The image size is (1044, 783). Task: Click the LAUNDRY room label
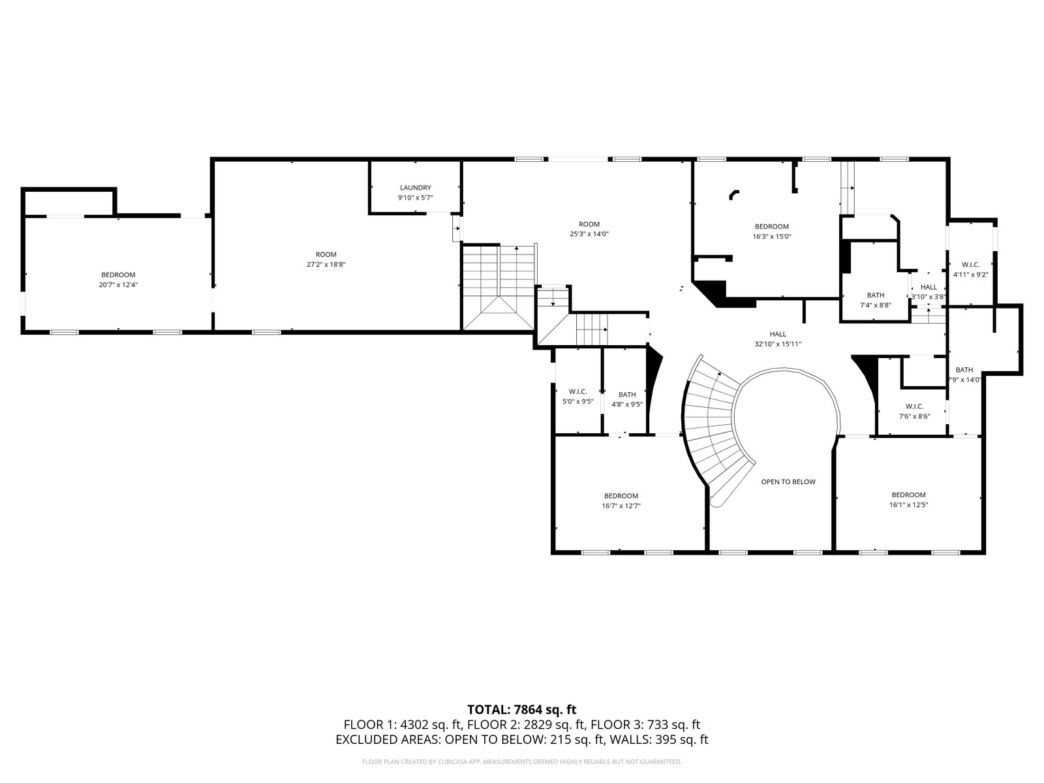point(415,188)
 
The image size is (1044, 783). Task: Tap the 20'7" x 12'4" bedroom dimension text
point(118,285)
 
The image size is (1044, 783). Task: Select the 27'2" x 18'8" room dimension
point(326,265)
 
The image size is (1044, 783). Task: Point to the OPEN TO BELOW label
point(788,482)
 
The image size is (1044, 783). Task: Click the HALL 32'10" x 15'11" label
point(778,339)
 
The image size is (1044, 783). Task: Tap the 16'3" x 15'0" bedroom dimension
point(771,237)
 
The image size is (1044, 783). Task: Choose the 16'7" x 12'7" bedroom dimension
point(621,506)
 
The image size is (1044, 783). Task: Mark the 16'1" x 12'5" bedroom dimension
point(908,505)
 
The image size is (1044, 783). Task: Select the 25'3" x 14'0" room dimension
point(589,234)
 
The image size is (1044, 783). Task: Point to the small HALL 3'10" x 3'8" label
point(928,292)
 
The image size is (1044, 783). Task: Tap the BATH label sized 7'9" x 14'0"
point(964,375)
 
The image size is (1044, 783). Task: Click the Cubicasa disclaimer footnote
point(522,761)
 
